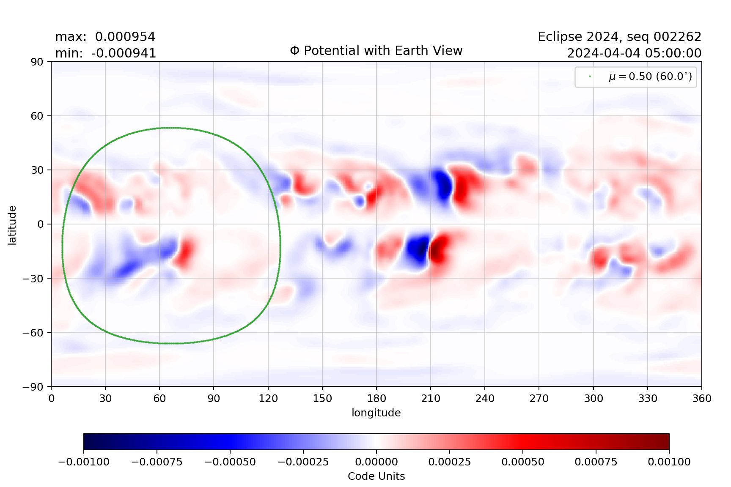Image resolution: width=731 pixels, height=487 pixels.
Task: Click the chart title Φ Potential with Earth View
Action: click(376, 51)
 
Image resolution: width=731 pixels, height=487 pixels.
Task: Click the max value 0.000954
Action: click(125, 37)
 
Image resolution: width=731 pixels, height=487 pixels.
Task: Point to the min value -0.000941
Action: click(124, 53)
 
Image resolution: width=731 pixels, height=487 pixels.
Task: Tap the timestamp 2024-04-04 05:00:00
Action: click(634, 53)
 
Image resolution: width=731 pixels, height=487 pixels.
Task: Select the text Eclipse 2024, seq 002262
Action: click(619, 37)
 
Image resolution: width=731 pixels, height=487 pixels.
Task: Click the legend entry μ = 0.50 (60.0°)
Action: click(650, 77)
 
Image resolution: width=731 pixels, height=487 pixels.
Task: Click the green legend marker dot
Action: click(590, 77)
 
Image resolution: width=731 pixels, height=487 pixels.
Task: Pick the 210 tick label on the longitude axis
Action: click(431, 398)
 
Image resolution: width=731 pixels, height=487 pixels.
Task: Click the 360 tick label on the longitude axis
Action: click(701, 398)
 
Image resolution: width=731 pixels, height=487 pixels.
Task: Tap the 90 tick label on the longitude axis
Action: click(214, 398)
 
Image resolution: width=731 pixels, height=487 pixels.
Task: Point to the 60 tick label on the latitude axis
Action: click(37, 116)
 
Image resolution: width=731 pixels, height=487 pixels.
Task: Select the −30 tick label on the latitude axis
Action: click(33, 278)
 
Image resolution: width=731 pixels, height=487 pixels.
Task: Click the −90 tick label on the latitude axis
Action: click(33, 386)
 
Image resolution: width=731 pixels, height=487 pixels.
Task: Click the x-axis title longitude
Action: click(376, 413)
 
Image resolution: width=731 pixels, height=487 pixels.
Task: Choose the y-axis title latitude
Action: click(12, 225)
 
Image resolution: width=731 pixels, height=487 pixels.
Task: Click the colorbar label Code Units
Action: click(376, 476)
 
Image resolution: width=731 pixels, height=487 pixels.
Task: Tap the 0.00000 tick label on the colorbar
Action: click(376, 462)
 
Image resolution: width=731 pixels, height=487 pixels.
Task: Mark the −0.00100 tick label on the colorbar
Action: click(84, 462)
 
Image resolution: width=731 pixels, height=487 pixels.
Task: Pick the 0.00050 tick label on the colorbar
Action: click(523, 462)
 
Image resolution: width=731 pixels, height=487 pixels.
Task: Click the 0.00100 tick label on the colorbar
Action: click(669, 462)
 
